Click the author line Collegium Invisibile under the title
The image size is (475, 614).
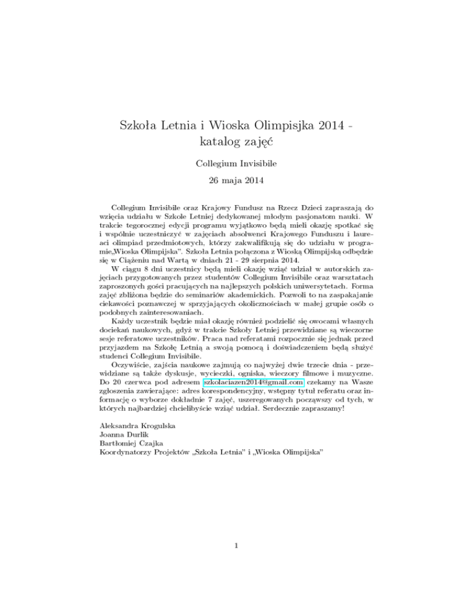click(237, 164)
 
